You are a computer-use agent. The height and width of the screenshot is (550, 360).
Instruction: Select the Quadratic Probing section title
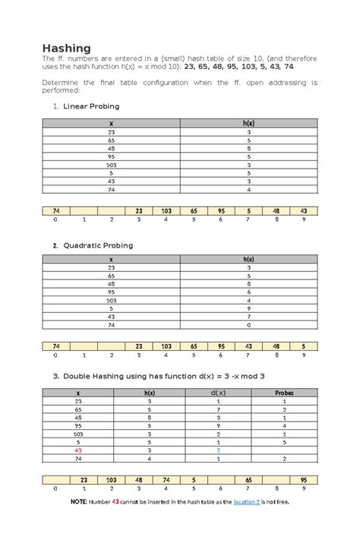(x=98, y=245)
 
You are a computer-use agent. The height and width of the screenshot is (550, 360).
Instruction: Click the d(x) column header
(x=218, y=392)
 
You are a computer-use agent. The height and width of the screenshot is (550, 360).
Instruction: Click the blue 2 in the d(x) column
(x=218, y=450)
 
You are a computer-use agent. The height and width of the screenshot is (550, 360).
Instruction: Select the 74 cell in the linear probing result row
(x=56, y=210)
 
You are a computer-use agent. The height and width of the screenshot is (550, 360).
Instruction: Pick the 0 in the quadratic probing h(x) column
(x=248, y=325)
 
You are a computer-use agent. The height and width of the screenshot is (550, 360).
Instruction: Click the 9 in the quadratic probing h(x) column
(x=248, y=308)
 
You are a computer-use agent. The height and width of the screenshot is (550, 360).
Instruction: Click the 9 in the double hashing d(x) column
(x=218, y=425)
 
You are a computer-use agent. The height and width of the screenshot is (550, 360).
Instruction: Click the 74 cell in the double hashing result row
(x=166, y=480)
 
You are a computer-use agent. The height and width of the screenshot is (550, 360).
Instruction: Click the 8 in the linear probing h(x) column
(x=248, y=149)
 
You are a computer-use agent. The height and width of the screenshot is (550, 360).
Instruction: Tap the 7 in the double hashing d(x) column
(x=218, y=409)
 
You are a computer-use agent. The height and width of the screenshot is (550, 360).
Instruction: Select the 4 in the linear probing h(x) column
(x=248, y=189)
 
